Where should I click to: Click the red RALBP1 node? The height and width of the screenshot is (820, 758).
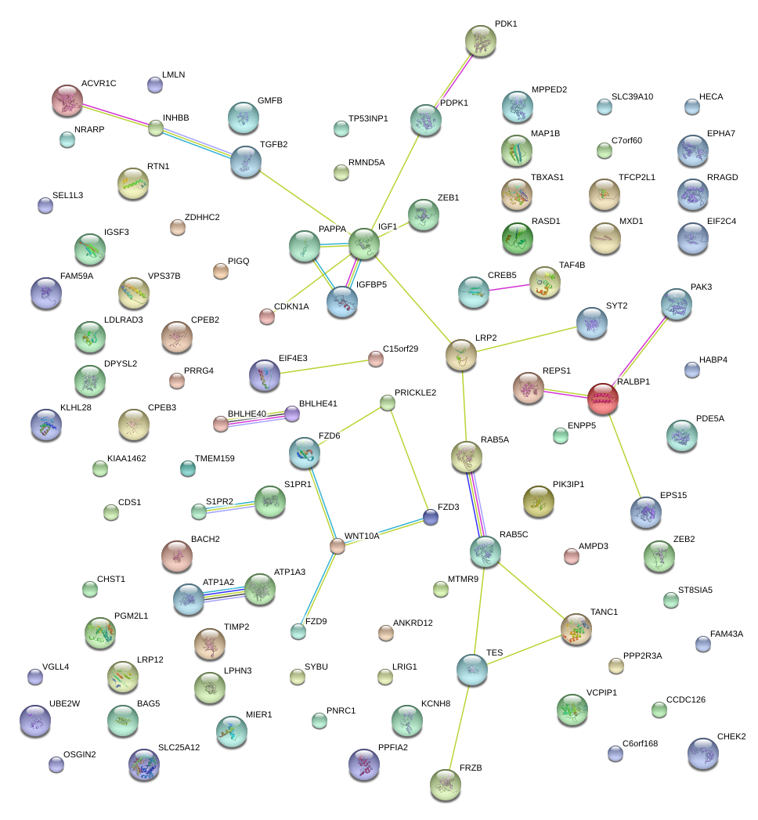coord(603,398)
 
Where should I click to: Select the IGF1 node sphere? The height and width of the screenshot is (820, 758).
coord(364,244)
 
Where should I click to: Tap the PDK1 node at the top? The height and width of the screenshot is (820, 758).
coord(480,41)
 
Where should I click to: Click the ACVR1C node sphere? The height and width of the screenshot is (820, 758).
coord(67,101)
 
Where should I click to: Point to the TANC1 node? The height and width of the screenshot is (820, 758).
coord(577,629)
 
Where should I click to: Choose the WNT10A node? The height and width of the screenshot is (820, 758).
coord(337,546)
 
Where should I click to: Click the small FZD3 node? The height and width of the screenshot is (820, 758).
coord(430,516)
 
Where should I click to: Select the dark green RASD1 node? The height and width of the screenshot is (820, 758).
coord(517,239)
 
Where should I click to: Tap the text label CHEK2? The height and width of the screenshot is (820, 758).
coord(731,736)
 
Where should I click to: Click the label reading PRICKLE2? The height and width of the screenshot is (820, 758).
coord(415,392)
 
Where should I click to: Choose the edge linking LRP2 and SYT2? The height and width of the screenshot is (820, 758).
coord(526,339)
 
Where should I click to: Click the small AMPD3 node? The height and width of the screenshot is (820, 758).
coord(571,556)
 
